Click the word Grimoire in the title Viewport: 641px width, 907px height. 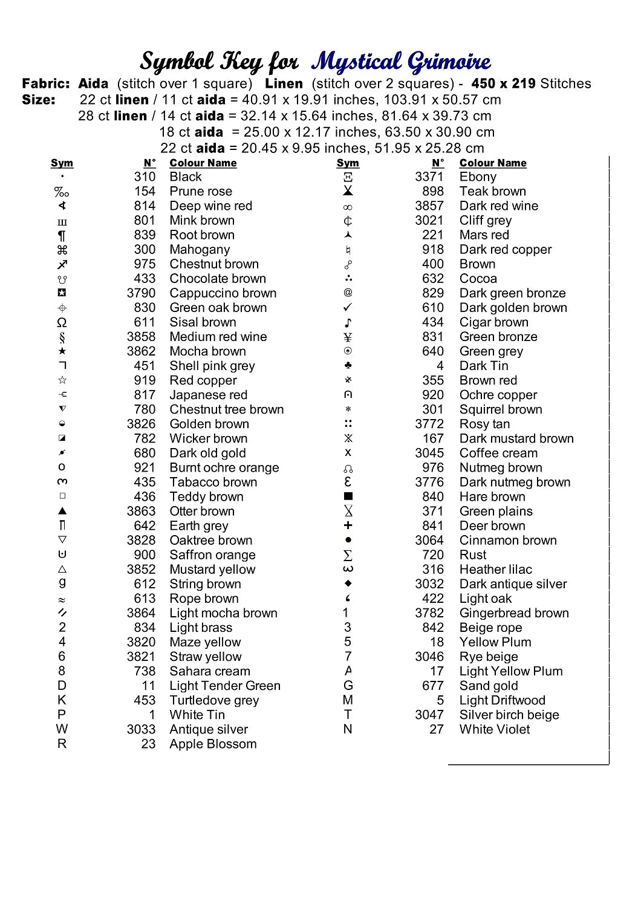click(x=448, y=62)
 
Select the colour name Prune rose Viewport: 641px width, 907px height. click(x=201, y=192)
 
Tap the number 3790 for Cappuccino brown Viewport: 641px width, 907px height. click(x=141, y=293)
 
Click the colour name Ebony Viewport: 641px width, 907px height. click(x=478, y=177)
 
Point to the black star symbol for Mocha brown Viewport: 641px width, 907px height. click(x=62, y=351)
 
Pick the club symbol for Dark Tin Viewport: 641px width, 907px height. click(x=348, y=366)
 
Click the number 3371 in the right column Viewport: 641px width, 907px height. click(x=429, y=177)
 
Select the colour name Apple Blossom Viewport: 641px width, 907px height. click(x=213, y=744)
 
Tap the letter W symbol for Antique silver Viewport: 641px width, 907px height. click(x=62, y=729)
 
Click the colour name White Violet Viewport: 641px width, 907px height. click(x=494, y=730)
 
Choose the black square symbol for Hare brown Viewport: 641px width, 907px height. click(x=348, y=496)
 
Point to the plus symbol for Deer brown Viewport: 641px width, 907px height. click(x=348, y=525)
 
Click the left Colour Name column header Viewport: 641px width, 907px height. click(x=203, y=163)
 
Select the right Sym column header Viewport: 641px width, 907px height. click(x=348, y=163)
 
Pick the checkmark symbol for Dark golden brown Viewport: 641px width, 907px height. click(x=348, y=308)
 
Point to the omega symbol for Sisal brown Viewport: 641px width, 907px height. click(x=62, y=322)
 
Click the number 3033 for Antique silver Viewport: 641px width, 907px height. click(x=141, y=730)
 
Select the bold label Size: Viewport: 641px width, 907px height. click(x=39, y=100)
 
